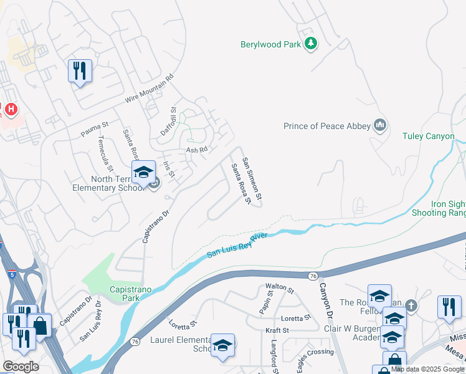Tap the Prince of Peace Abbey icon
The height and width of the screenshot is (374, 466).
pyautogui.click(x=379, y=126)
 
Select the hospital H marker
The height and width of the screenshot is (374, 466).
pyautogui.click(x=11, y=110)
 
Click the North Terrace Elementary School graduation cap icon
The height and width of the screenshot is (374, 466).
pyautogui.click(x=143, y=173)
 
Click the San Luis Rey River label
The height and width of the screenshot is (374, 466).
pyautogui.click(x=237, y=245)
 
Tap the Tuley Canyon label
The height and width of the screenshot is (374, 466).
pyautogui.click(x=428, y=136)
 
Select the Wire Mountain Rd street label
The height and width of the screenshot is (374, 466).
pyautogui.click(x=148, y=91)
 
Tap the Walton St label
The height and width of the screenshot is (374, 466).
pyautogui.click(x=278, y=289)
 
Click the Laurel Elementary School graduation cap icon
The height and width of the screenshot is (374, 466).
pyautogui.click(x=222, y=345)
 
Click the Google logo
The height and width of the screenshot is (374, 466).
pyautogui.click(x=21, y=366)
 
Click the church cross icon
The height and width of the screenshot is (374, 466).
pyautogui.click(x=411, y=305)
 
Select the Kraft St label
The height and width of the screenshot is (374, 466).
pyautogui.click(x=277, y=330)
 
